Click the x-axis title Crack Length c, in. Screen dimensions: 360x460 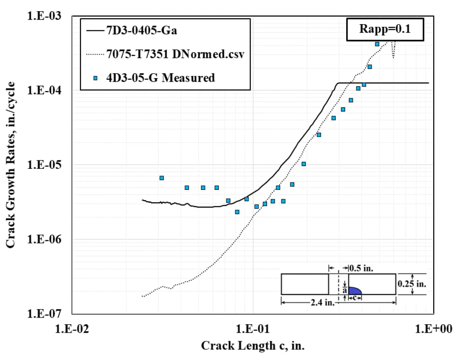click(x=253, y=346)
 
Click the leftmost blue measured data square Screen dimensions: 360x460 click(x=162, y=178)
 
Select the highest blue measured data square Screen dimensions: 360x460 click(x=377, y=44)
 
